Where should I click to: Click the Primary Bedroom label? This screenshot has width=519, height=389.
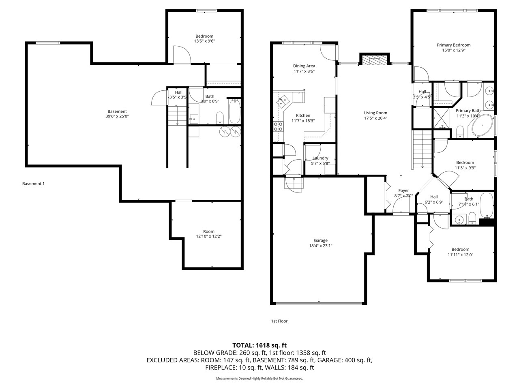(453, 45)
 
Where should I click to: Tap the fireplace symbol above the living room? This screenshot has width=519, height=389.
(373, 60)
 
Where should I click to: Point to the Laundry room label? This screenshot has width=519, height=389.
(320, 158)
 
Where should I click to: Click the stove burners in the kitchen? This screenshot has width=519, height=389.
(278, 126)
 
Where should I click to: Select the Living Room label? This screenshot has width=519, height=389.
(375, 113)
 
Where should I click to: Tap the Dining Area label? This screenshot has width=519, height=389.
(304, 66)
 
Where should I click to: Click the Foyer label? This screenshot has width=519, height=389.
(403, 190)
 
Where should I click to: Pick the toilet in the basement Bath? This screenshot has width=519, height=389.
(220, 118)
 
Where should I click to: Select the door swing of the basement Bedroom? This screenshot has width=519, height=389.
(181, 55)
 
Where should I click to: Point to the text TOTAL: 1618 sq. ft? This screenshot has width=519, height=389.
(259, 345)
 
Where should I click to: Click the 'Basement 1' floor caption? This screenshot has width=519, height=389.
(33, 184)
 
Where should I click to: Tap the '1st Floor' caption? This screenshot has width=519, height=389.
(279, 321)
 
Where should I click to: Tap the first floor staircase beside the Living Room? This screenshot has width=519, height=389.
(422, 150)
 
